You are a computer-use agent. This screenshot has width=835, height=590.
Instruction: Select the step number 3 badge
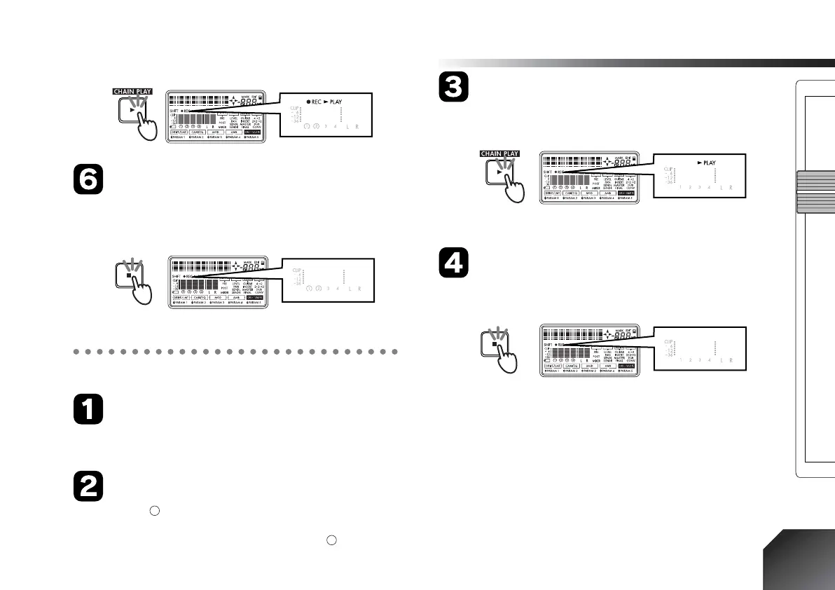453,89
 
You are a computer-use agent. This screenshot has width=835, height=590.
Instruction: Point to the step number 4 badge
453,264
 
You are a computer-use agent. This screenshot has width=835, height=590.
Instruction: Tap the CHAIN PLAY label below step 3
498,153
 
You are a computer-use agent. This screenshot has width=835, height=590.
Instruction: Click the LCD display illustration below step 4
591,351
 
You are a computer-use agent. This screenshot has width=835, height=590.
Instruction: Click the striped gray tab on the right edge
815,192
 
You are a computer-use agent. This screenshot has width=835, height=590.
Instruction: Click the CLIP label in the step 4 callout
668,341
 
